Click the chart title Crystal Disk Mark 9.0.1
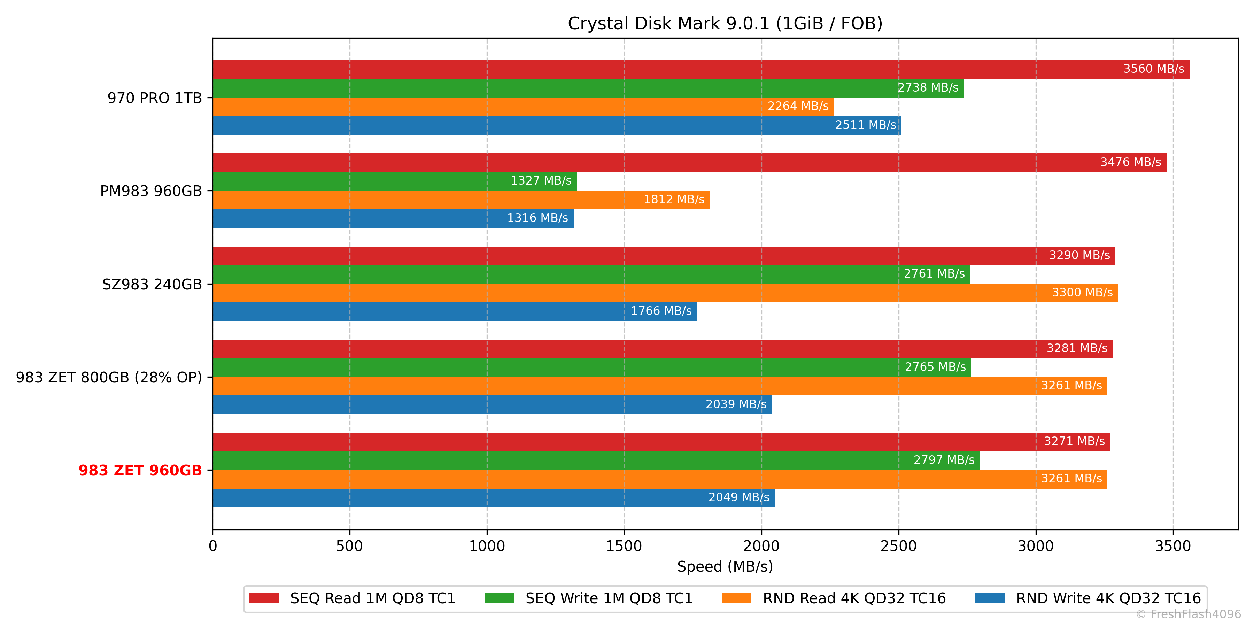click(725, 23)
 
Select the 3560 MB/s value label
click(1153, 69)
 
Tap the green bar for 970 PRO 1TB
click(535, 88)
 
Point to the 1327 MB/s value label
click(541, 180)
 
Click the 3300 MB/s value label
click(1082, 293)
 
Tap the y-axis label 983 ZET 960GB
click(140, 470)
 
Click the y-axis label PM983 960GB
click(151, 191)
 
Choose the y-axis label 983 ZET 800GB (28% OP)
click(109, 377)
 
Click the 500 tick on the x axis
click(349, 546)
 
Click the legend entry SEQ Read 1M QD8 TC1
click(372, 598)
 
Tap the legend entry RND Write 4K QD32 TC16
click(1108, 598)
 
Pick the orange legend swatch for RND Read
click(736, 598)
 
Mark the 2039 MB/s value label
click(736, 404)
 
